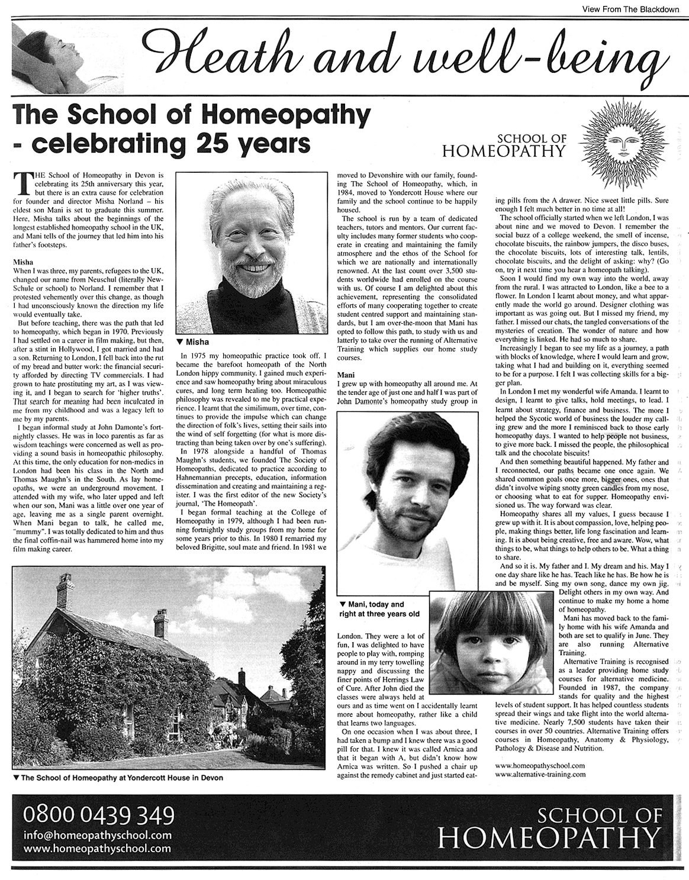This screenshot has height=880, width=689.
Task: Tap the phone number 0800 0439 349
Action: click(x=99, y=815)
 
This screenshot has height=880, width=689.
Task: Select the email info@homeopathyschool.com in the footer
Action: click(x=98, y=835)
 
